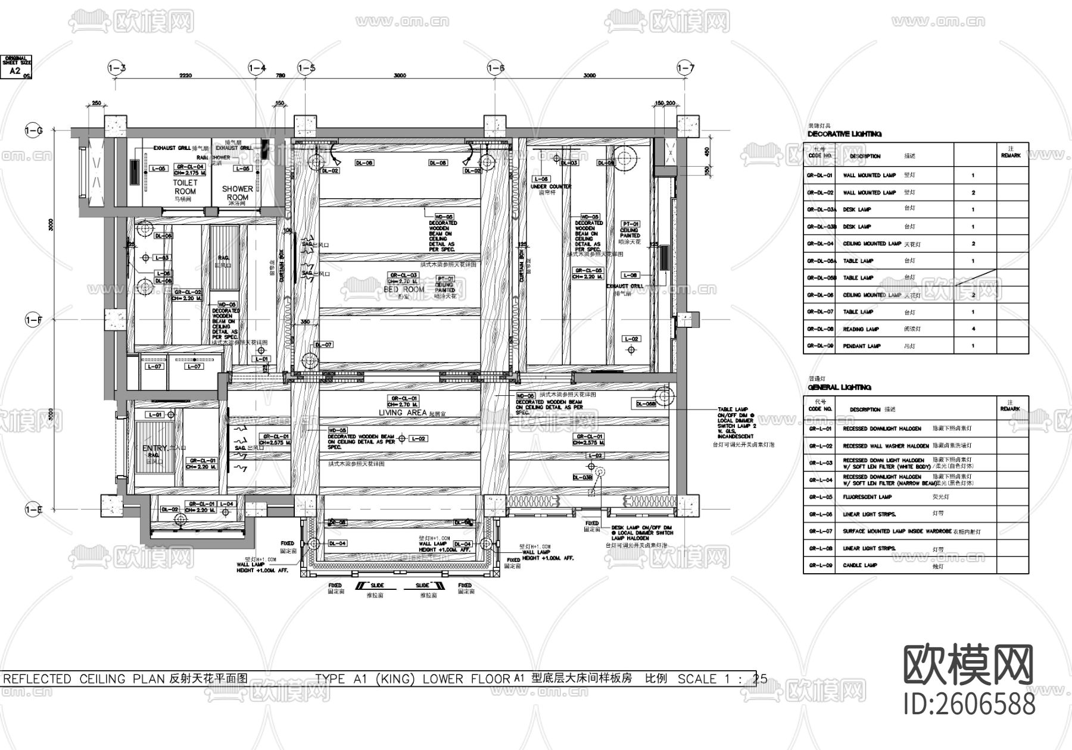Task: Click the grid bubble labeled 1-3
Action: (116, 68)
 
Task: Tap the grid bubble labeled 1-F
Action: (33, 320)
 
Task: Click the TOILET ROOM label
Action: (185, 187)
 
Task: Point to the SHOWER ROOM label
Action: (237, 193)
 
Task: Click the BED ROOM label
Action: (404, 289)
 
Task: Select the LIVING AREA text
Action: (403, 412)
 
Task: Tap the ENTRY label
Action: (155, 448)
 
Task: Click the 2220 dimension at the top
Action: (185, 76)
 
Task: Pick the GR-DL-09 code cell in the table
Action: (820, 346)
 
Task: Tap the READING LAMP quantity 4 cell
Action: (973, 329)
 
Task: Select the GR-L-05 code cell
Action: (819, 496)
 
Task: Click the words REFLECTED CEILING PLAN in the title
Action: (84, 679)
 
